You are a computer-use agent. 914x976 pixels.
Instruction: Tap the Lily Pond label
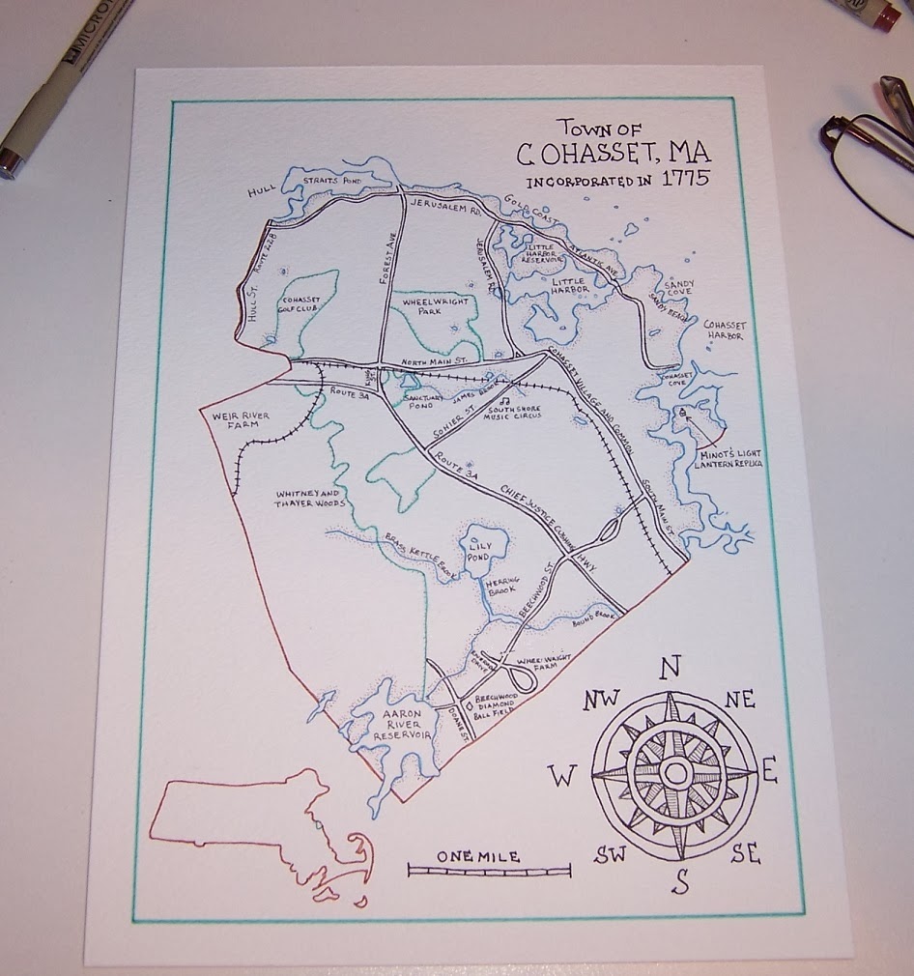480,552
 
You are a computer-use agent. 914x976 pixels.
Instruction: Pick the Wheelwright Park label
437,306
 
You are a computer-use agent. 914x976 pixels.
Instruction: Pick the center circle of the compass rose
674,771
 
